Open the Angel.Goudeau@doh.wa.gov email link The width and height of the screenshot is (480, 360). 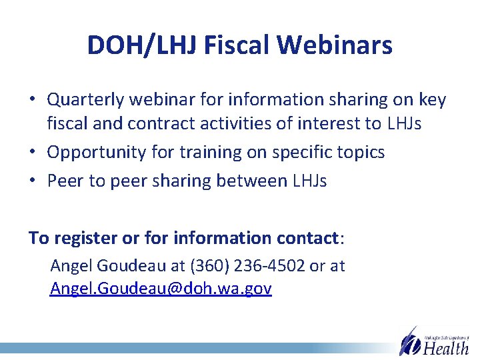click(x=161, y=289)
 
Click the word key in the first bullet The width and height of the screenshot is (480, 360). click(x=432, y=100)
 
